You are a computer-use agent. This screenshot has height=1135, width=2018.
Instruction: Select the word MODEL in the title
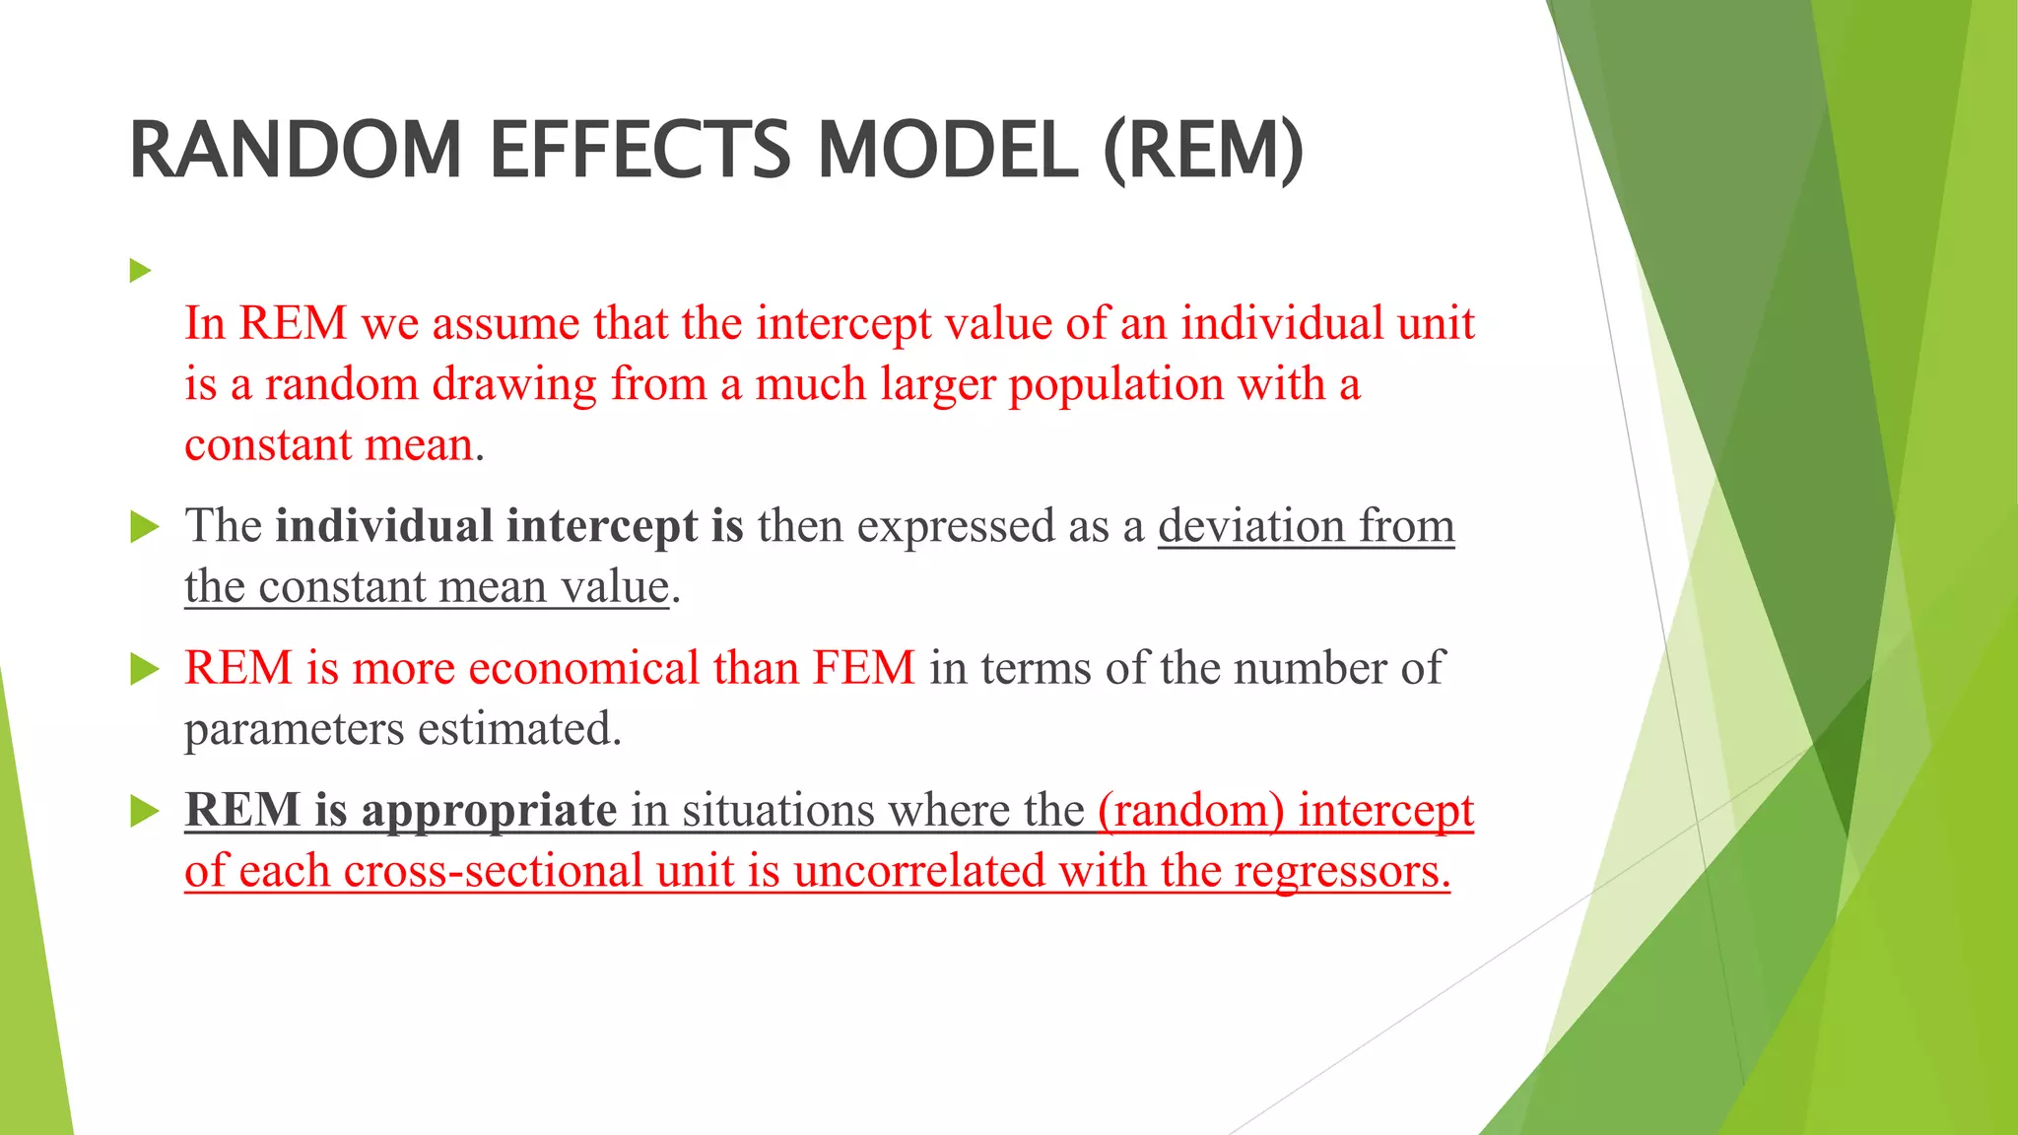pyautogui.click(x=948, y=150)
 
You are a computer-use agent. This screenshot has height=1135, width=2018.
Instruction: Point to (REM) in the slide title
pyautogui.click(x=1203, y=150)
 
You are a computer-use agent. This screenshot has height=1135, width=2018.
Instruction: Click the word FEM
pyautogui.click(x=864, y=668)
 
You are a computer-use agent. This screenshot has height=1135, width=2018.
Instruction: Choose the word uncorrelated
pyautogui.click(x=918, y=871)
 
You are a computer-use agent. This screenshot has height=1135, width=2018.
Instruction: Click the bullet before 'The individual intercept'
pyautogui.click(x=144, y=527)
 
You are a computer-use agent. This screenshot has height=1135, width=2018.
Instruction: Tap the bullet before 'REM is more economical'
pyautogui.click(x=144, y=670)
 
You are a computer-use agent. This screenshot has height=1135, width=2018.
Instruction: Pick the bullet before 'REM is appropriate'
pyautogui.click(x=144, y=812)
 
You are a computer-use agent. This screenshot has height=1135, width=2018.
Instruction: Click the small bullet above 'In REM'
pyautogui.click(x=140, y=270)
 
